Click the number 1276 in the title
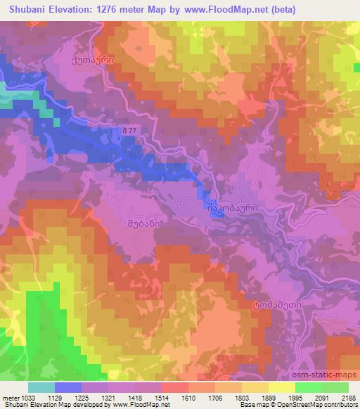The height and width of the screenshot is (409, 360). tap(108, 10)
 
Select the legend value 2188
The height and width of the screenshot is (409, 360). tap(347, 398)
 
